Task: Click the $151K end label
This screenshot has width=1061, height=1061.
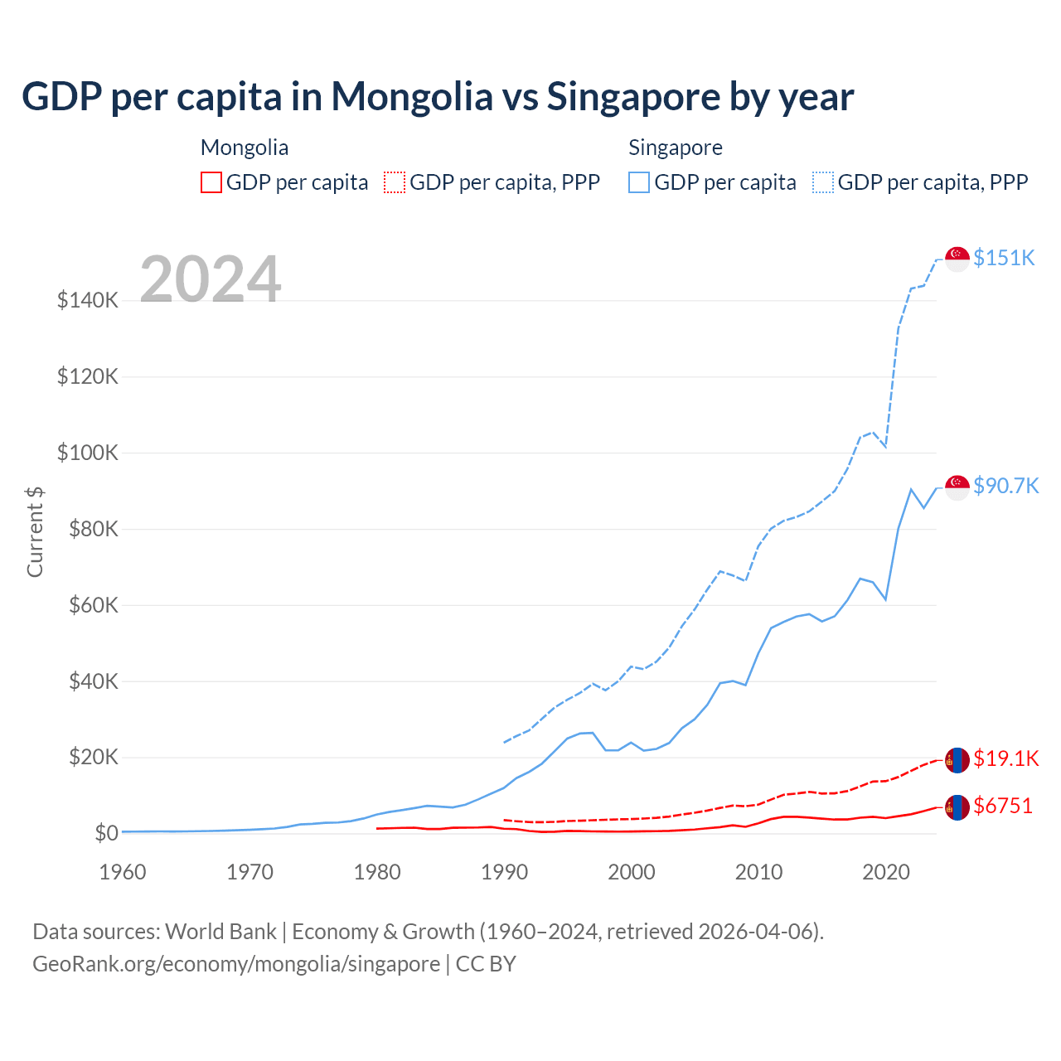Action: click(1004, 258)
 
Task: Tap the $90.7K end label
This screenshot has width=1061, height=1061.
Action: click(1005, 486)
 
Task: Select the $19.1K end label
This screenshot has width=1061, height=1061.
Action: click(1005, 758)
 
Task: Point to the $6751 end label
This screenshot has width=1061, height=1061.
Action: click(1003, 806)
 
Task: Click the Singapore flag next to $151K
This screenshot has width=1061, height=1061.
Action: click(957, 259)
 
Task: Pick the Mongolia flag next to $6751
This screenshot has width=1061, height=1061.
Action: click(957, 807)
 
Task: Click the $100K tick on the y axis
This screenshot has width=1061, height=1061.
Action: click(88, 453)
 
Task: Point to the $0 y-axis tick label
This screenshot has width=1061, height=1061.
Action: click(106, 833)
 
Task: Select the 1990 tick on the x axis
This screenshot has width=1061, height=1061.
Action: click(504, 872)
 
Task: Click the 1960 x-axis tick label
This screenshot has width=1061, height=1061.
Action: click(123, 872)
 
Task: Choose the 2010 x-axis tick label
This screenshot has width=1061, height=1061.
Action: click(758, 872)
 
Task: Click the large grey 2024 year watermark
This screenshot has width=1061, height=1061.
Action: click(211, 279)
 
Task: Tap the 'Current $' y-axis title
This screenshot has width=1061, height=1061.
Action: click(35, 531)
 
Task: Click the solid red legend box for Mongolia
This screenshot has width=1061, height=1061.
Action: click(211, 182)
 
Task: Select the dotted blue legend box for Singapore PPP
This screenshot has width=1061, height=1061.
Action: click(823, 182)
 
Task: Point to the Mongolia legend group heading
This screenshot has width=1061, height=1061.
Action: click(245, 148)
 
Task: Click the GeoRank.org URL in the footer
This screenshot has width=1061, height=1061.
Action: click(236, 964)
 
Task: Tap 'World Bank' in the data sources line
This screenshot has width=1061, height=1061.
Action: click(220, 932)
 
